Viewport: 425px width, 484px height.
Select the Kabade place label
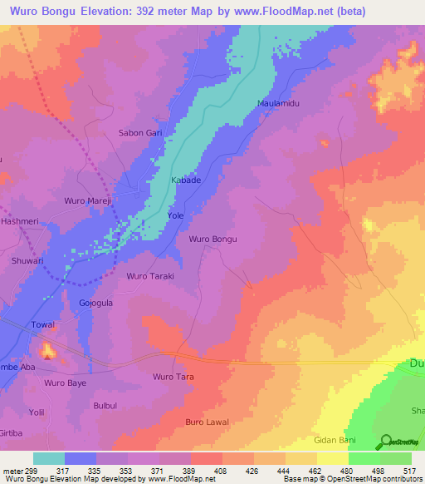pyautogui.click(x=185, y=180)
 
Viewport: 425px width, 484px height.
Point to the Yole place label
pyautogui.click(x=175, y=215)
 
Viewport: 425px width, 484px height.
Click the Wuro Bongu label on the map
pyautogui.click(x=213, y=240)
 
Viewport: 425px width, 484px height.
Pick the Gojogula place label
pyautogui.click(x=95, y=303)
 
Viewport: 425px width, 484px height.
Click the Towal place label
pyautogui.click(x=42, y=324)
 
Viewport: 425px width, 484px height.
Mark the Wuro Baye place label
pyautogui.click(x=66, y=383)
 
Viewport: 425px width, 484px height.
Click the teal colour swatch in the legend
pyautogui.click(x=49, y=458)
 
